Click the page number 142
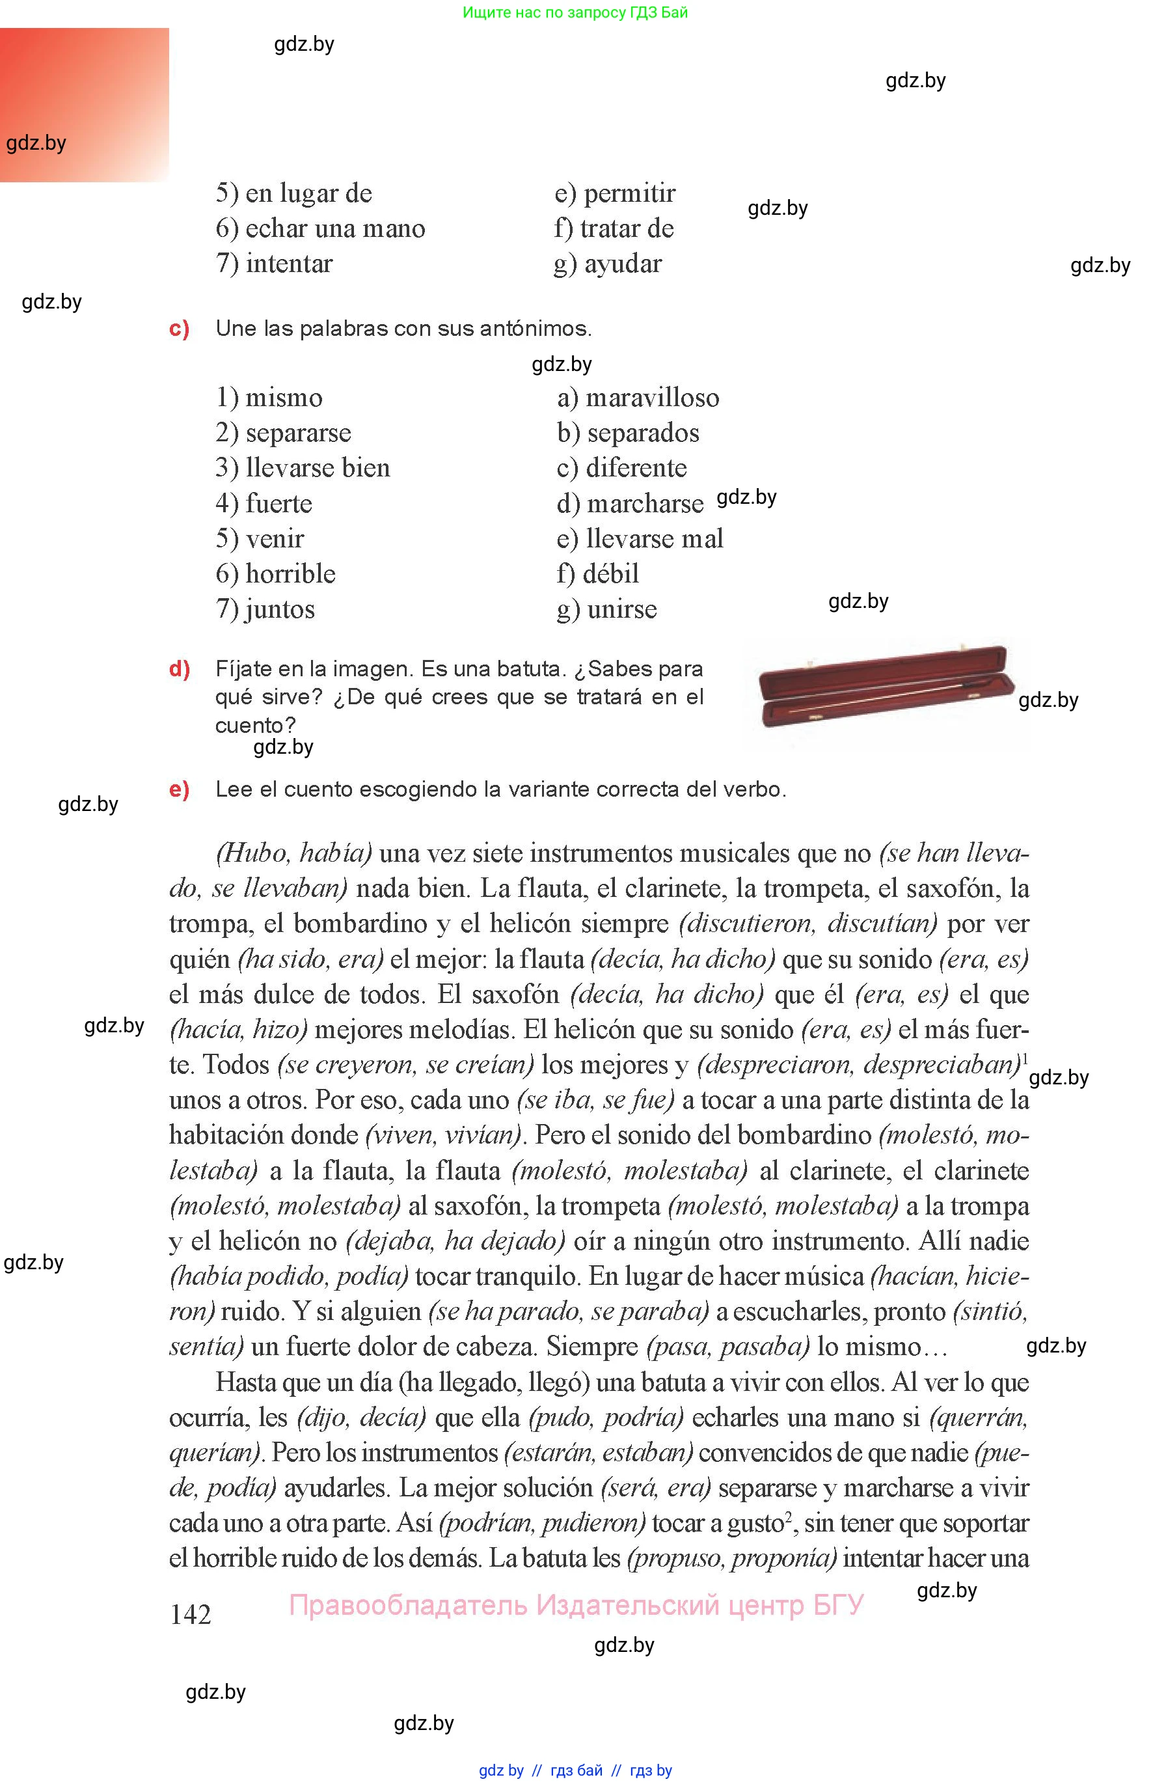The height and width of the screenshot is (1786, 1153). click(190, 1615)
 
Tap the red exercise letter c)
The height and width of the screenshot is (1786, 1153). click(179, 329)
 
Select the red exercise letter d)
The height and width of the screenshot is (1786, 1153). click(179, 668)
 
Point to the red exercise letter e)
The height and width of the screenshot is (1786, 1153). click(179, 790)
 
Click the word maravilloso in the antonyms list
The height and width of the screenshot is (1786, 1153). click(652, 398)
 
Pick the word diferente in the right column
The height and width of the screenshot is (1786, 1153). click(636, 468)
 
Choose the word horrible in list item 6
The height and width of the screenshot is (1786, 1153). click(290, 574)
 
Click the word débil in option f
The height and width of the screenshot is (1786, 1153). click(611, 574)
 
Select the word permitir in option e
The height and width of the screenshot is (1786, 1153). click(630, 193)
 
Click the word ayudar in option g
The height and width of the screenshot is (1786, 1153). click(623, 264)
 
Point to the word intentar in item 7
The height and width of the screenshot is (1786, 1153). click(289, 264)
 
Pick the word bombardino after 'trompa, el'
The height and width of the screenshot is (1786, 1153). click(359, 924)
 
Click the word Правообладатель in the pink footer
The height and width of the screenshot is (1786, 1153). click(407, 1606)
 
